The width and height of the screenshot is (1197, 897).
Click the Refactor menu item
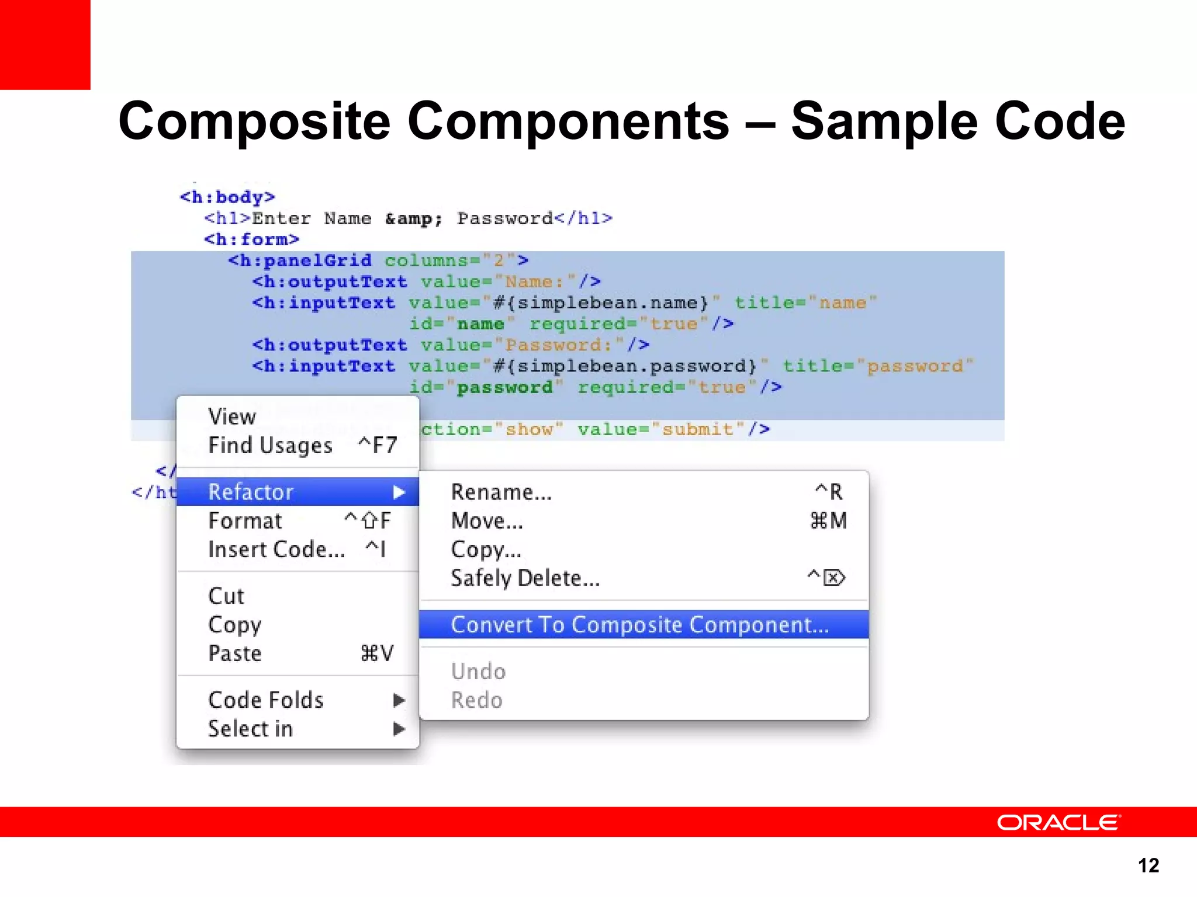point(251,492)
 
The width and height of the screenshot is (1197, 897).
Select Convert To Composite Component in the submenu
point(640,625)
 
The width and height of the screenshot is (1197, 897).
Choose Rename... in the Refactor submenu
point(501,492)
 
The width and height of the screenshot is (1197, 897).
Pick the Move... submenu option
point(487,521)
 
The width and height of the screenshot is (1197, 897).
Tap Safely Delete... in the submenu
point(525,578)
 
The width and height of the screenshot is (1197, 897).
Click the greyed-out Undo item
point(479,672)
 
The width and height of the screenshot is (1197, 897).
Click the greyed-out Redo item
point(477,700)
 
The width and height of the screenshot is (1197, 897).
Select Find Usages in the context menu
point(271,446)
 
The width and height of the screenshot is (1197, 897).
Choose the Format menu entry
point(245,521)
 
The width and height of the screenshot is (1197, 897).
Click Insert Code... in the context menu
point(276,550)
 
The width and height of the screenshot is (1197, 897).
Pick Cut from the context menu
point(226,596)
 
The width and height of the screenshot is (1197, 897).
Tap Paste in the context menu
point(235,653)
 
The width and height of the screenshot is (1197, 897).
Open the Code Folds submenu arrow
point(399,700)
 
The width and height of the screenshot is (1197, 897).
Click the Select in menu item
point(251,729)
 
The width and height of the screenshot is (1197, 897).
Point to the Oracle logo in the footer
point(1058,822)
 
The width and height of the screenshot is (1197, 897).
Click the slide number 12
point(1148,865)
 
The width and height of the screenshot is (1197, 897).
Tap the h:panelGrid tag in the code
point(300,260)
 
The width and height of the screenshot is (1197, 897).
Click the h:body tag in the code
point(227,197)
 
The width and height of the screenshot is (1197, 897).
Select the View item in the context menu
point(232,417)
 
